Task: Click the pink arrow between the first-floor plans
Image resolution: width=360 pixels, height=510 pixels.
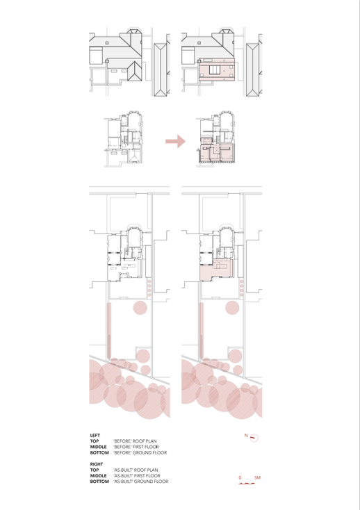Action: point(176,141)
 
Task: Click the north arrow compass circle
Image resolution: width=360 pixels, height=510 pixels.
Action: point(254,438)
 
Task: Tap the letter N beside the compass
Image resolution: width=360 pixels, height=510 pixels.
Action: point(246,435)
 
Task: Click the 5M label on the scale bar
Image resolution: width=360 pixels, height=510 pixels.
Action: point(257,477)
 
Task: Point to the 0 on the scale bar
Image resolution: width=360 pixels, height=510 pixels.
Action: point(240,477)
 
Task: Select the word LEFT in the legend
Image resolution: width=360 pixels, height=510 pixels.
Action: point(95,435)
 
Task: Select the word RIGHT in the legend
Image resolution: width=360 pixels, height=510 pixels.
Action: point(97,464)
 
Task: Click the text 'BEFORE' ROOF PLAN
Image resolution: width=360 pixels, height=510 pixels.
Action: point(135,441)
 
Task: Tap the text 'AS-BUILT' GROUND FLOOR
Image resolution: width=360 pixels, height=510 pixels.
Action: point(141,482)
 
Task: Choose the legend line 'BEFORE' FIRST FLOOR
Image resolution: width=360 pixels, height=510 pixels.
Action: point(136,447)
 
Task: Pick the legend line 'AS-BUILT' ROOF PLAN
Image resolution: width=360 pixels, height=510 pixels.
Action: point(136,470)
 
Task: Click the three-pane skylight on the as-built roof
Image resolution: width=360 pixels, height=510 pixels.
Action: point(215,70)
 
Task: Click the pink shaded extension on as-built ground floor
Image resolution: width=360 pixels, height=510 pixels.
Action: point(215,270)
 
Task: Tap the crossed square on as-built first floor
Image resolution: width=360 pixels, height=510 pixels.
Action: point(217,149)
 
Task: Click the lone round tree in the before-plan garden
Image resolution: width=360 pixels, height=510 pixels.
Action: point(140,308)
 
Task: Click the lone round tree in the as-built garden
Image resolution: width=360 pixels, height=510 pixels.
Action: point(232,308)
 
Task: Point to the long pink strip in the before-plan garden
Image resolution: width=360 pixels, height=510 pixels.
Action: point(110,331)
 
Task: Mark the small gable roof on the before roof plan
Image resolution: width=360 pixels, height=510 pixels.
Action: point(134,71)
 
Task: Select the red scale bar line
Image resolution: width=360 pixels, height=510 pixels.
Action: point(247,484)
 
